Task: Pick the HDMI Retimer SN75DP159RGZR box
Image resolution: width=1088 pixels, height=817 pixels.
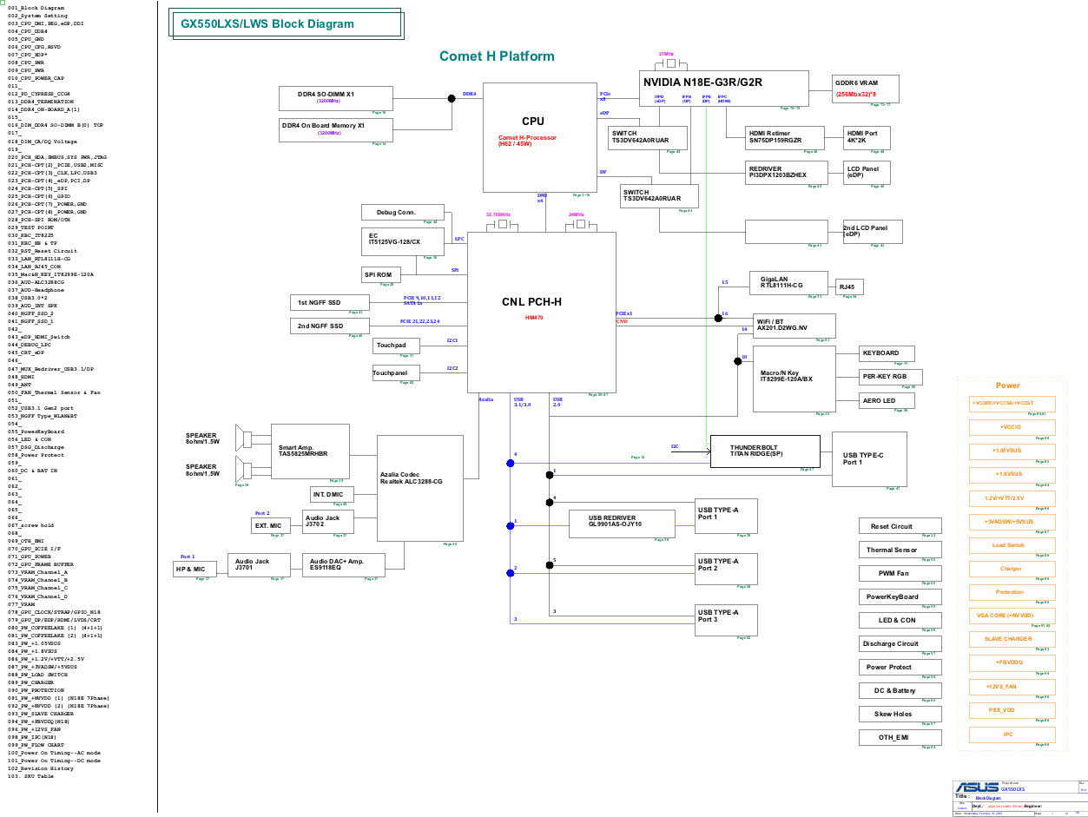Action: (x=784, y=138)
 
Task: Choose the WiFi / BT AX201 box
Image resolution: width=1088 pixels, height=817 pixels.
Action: (x=794, y=326)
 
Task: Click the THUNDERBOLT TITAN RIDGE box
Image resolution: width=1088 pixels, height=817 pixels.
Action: (x=764, y=451)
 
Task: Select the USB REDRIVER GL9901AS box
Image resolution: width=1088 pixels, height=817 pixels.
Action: (x=622, y=524)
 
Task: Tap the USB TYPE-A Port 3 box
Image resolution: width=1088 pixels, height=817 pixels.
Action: (x=725, y=620)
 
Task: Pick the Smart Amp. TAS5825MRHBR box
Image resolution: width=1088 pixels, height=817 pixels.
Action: (x=310, y=451)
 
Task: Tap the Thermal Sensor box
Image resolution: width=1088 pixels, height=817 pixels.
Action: (x=900, y=550)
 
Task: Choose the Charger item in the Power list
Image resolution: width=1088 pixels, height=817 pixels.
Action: (x=1012, y=569)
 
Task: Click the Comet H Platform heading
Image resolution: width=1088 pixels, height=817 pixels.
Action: (x=497, y=56)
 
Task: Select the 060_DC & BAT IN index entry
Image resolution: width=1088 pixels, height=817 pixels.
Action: (x=33, y=471)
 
